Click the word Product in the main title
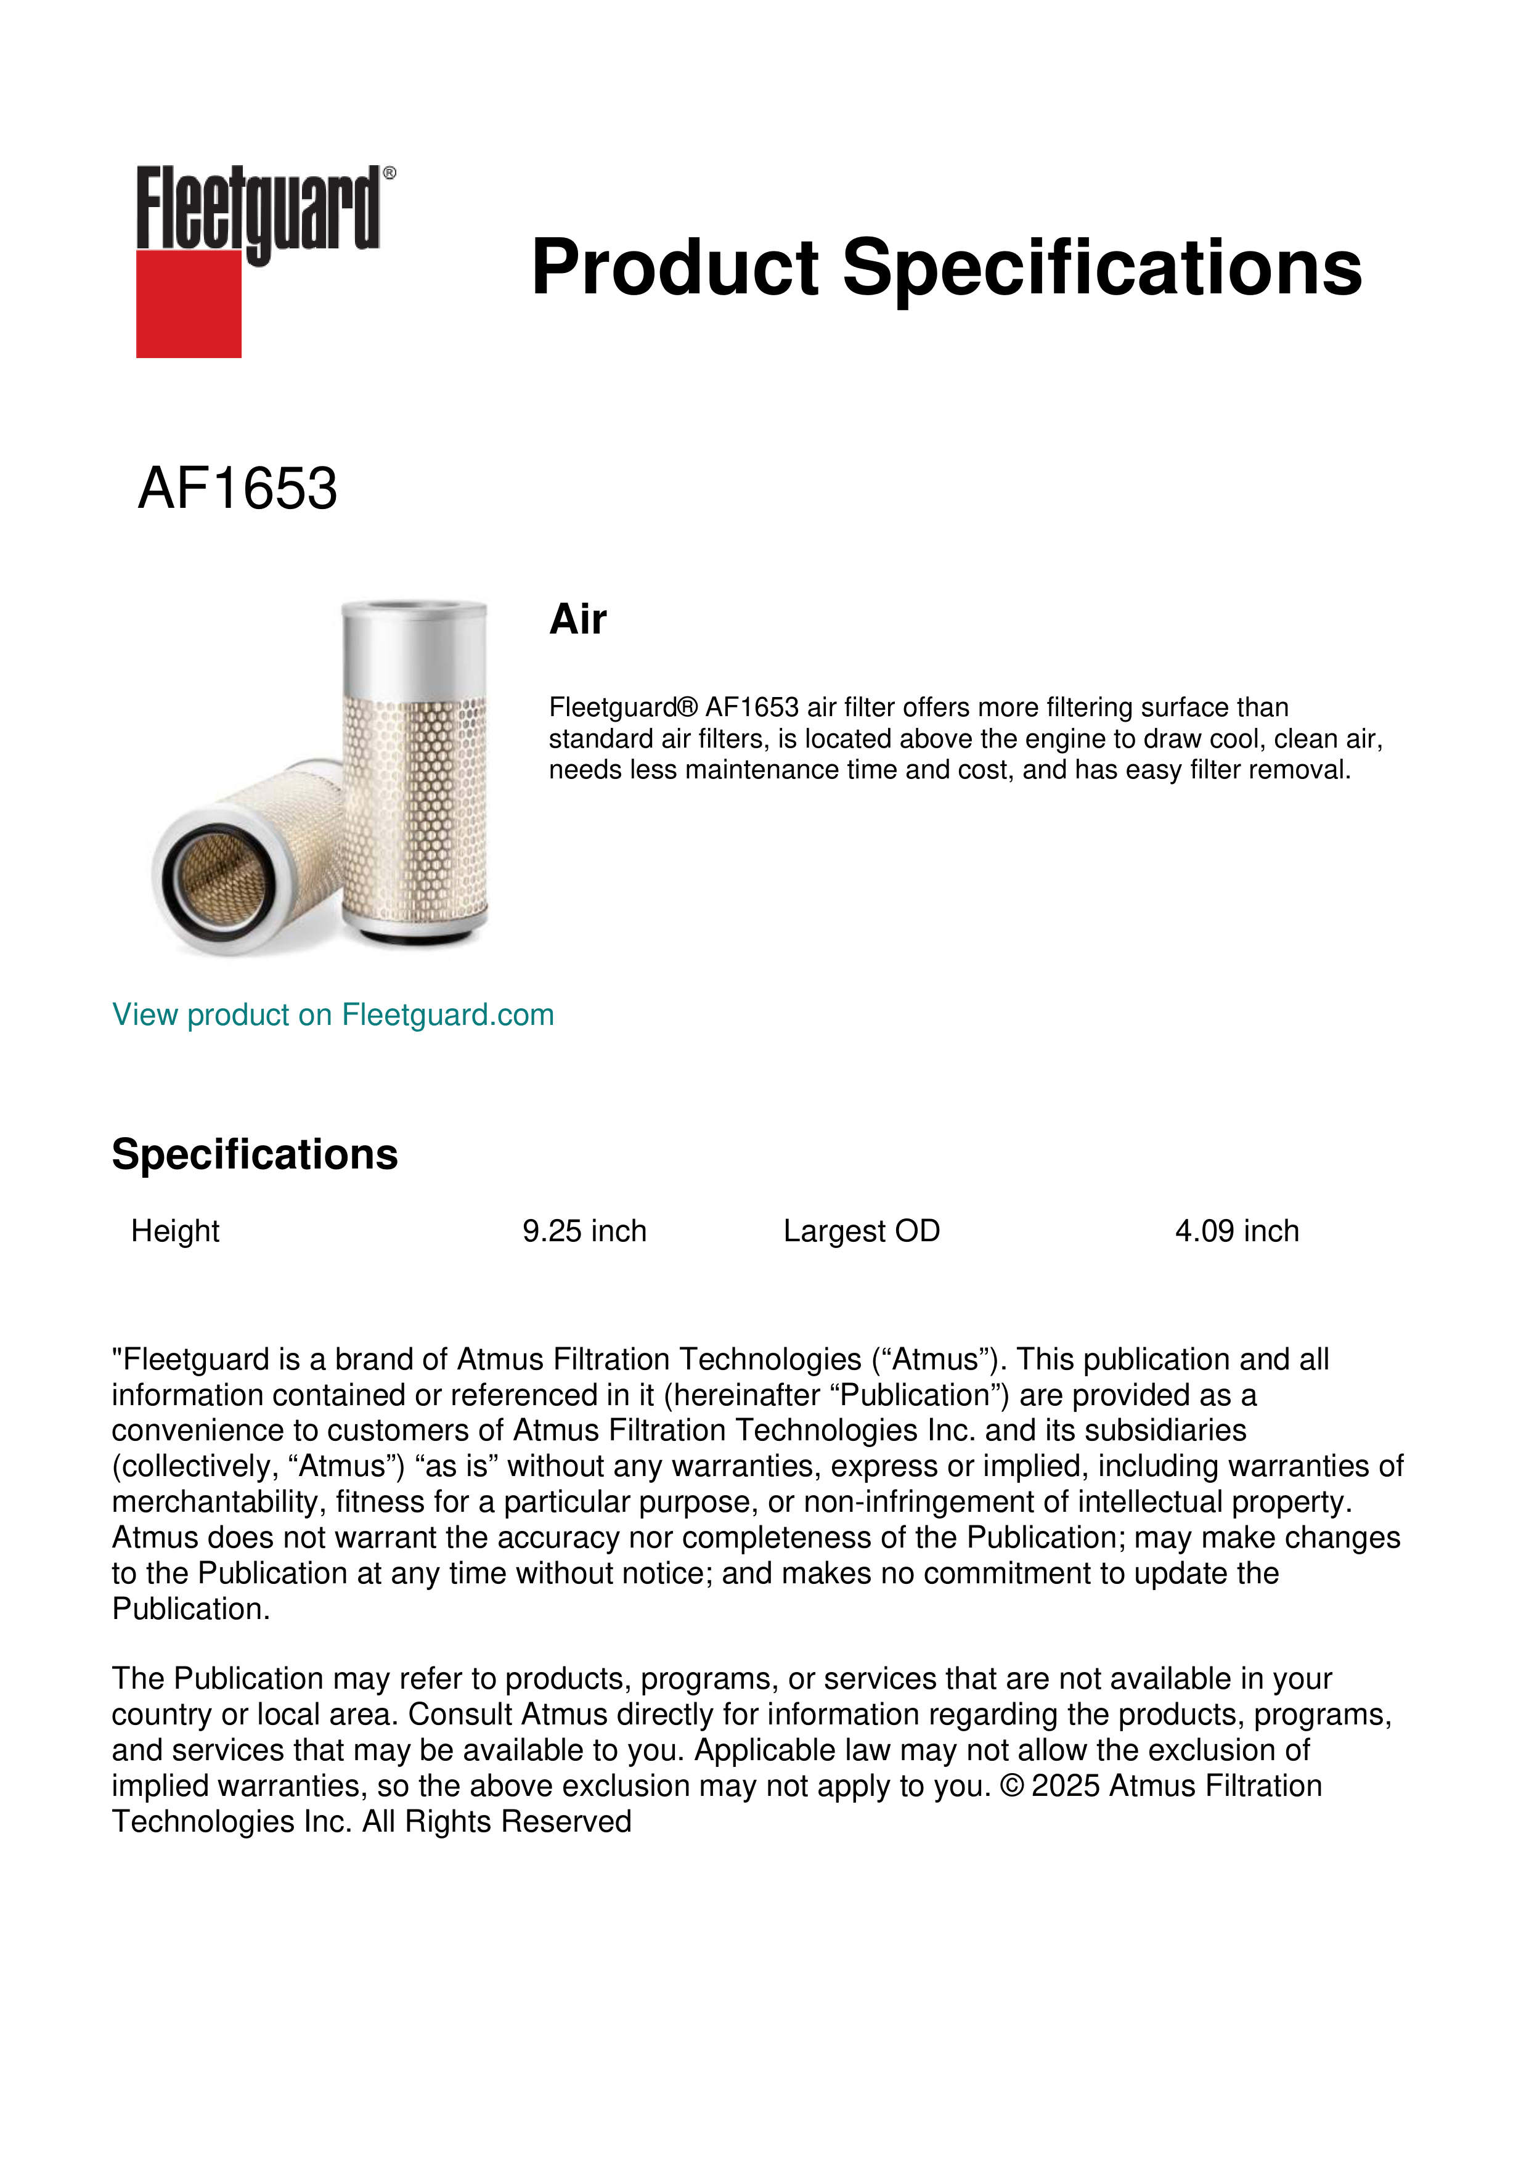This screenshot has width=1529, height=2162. click(675, 267)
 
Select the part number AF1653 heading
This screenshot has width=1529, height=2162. click(237, 489)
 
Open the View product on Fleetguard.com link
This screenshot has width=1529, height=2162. click(332, 1015)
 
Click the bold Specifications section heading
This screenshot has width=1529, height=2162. click(254, 1154)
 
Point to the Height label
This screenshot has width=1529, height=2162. click(175, 1231)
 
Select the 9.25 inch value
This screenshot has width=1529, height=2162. click(585, 1231)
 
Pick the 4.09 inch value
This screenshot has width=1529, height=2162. click(1236, 1231)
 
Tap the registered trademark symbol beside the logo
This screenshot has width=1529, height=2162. click(389, 173)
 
